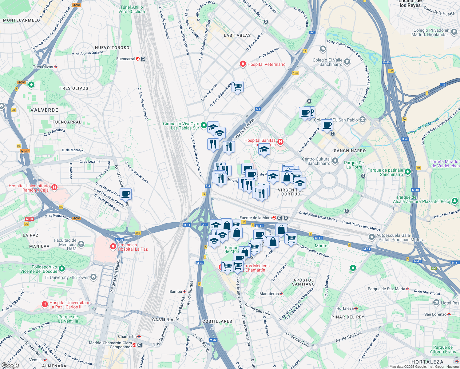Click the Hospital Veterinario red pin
(243, 64)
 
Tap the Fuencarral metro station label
(125, 59)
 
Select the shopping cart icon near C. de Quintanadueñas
(237, 87)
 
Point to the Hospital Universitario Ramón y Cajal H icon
(54, 187)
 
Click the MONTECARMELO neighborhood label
(22, 20)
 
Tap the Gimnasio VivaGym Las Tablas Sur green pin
(204, 125)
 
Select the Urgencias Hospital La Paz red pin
(113, 246)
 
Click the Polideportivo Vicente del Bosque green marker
(62, 268)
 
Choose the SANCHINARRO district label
(350, 151)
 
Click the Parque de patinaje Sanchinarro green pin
(407, 172)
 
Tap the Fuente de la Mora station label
(255, 218)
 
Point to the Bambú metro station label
(176, 292)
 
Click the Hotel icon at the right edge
(436, 303)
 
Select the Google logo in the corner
(10, 365)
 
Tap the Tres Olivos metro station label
(43, 67)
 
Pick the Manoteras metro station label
(269, 294)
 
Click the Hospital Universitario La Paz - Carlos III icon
(45, 304)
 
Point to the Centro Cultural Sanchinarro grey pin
(335, 161)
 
